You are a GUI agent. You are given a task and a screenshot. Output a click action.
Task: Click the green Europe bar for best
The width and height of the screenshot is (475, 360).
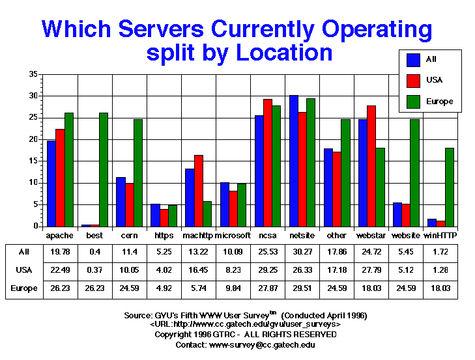pos(104,169)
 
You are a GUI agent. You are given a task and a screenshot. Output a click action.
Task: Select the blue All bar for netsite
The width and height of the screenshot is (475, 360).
pos(294,161)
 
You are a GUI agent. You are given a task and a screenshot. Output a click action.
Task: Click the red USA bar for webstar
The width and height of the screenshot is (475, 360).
pos(371,166)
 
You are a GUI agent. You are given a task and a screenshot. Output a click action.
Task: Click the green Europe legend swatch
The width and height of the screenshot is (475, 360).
pos(413,102)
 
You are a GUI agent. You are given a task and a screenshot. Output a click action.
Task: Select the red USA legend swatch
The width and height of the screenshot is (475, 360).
pos(413,81)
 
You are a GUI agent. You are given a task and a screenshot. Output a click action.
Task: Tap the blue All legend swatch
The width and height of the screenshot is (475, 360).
pos(413,60)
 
